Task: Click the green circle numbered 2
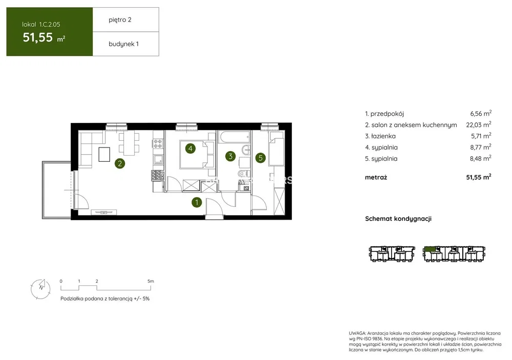point(120,163)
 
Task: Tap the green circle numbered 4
point(190,149)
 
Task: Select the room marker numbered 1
point(197,203)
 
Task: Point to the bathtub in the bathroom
point(234,137)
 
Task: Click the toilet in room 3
point(243,173)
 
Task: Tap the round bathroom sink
point(246,150)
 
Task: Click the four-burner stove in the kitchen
point(158,143)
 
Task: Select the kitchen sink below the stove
point(158,176)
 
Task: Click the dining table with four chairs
point(129,143)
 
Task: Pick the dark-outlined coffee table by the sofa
point(104,154)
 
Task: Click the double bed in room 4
point(197,154)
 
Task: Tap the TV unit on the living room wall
point(104,213)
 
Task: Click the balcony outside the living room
point(56,190)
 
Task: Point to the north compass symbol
point(41,289)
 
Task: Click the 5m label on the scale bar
point(151,281)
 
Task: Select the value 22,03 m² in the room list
point(479,124)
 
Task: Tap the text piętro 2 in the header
point(120,20)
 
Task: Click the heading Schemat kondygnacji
point(398,219)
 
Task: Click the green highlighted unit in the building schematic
point(430,250)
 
